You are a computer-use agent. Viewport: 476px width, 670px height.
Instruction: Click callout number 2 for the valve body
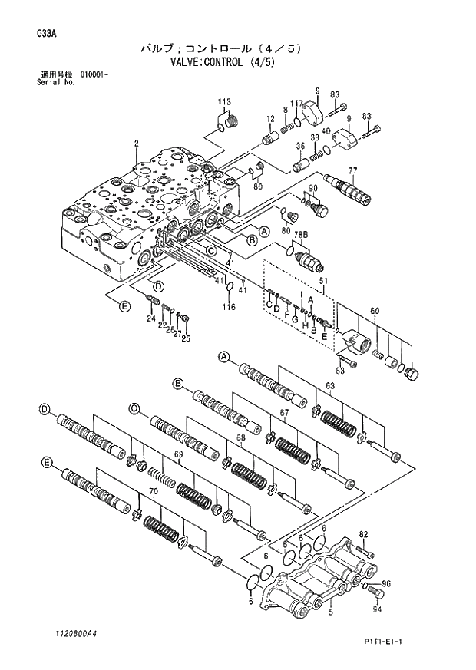pyautogui.click(x=136, y=143)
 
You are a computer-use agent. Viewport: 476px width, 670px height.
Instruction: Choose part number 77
pyautogui.click(x=352, y=170)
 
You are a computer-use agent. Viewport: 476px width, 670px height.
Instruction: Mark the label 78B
pyautogui.click(x=299, y=234)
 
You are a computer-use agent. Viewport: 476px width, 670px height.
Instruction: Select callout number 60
pyautogui.click(x=375, y=310)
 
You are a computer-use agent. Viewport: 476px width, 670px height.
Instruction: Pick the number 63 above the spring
pyautogui.click(x=330, y=386)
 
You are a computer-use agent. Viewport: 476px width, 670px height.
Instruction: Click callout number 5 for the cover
pyautogui.click(x=330, y=612)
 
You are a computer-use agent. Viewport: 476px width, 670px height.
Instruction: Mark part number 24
pyautogui.click(x=150, y=318)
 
